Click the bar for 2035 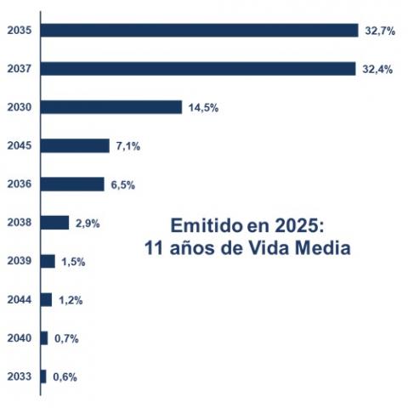tap(199, 31)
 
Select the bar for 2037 tap(197, 69)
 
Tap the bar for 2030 tap(111, 107)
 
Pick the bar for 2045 tap(75, 145)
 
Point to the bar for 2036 tap(72, 184)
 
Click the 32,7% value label tap(378, 31)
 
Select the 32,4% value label tap(376, 69)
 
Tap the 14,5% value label tap(202, 107)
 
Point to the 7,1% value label tap(127, 146)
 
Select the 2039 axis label tap(19, 261)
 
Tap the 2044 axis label tap(19, 299)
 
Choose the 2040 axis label tap(19, 338)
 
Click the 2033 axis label tap(19, 377)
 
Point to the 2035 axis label tap(19, 31)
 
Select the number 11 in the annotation tap(156, 250)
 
